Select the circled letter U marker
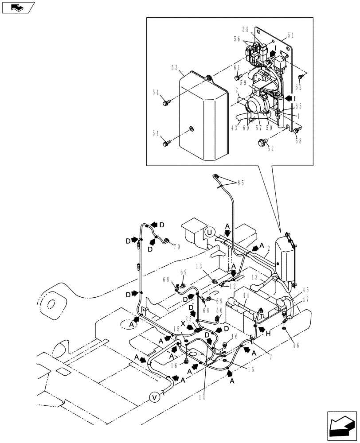click(x=210, y=232)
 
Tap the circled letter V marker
click(x=155, y=397)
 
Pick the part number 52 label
click(x=270, y=148)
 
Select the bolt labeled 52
click(x=261, y=142)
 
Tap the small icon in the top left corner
click(x=18, y=7)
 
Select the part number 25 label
click(x=188, y=319)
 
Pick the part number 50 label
click(x=219, y=311)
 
